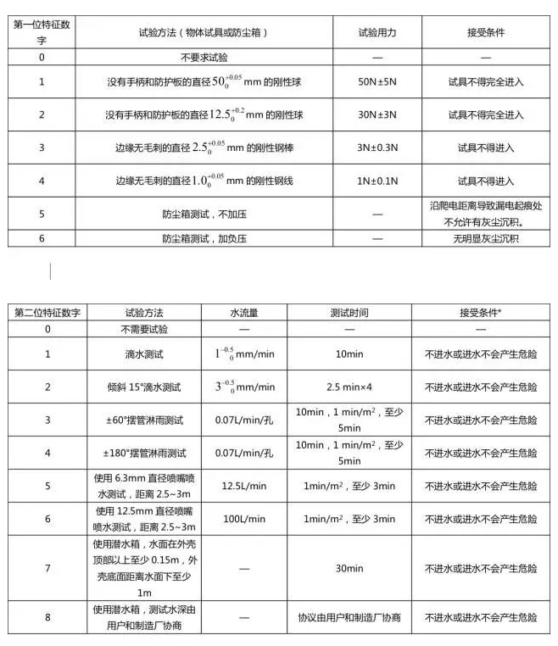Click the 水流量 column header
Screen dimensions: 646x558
243,312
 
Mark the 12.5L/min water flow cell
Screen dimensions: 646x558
243,486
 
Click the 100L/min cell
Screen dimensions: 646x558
243,518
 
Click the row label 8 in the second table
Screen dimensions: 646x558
47,618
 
